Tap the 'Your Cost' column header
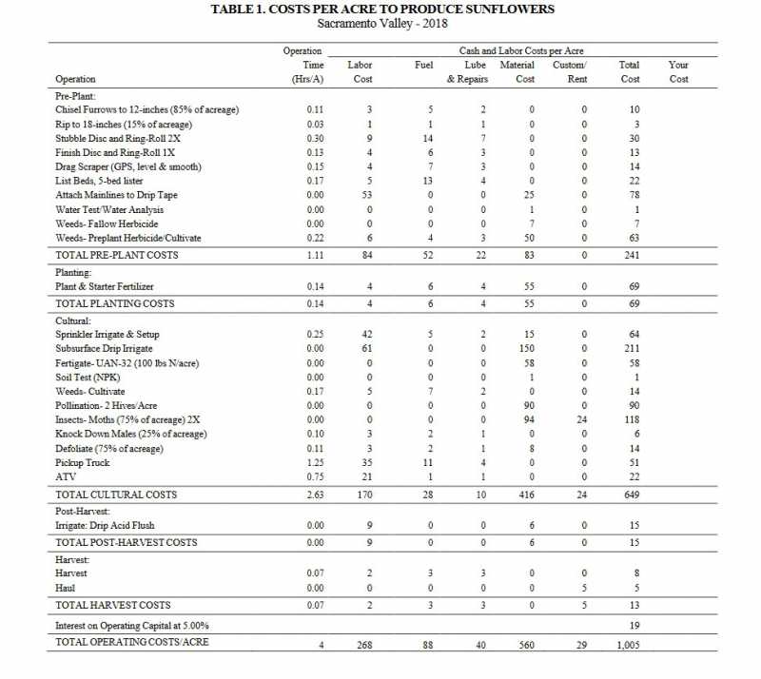point(678,72)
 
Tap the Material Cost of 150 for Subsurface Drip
point(532,349)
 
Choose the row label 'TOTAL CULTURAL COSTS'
point(116,495)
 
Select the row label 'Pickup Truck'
point(84,463)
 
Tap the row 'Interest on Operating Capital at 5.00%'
point(132,625)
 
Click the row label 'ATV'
point(65,477)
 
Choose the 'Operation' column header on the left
point(75,80)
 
